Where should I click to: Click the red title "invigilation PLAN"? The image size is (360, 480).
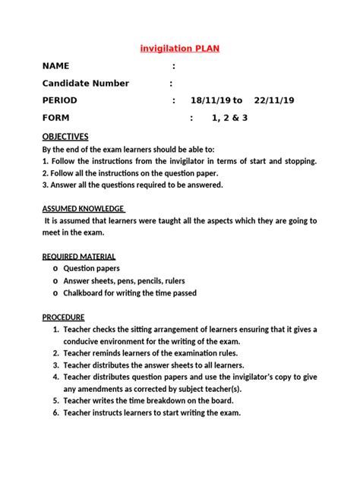179,49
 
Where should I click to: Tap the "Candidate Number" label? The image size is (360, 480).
85,84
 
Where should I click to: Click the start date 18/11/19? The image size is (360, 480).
210,101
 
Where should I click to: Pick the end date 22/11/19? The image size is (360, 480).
273,101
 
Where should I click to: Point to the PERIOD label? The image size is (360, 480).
60,101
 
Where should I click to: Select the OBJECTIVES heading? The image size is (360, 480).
65,137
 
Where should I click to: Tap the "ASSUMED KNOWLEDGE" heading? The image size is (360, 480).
84,209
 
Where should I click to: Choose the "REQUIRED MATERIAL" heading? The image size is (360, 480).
79,257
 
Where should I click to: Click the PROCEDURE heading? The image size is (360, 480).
63,317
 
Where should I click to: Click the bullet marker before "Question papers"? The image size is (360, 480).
55,269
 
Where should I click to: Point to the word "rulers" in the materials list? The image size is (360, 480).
188,281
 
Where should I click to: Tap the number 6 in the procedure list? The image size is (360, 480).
56,413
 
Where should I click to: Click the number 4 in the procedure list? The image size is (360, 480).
56,377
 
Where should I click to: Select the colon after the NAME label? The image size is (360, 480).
174,66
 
